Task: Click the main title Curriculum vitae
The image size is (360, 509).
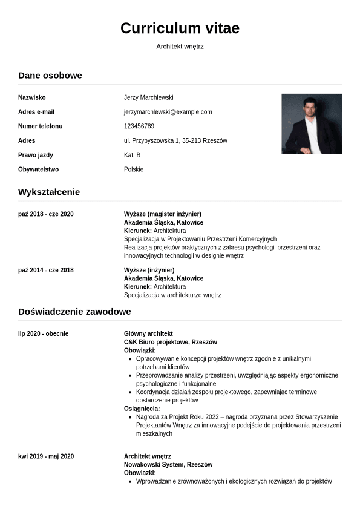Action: coord(180,28)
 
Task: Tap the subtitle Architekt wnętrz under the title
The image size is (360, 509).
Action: coord(180,47)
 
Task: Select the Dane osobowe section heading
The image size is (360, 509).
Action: coord(50,76)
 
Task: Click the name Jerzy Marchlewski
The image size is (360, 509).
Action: coord(149,97)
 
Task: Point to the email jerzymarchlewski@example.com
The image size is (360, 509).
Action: coord(168,112)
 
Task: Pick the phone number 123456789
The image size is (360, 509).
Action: coord(139,126)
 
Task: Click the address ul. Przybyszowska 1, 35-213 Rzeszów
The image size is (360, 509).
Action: coord(175,141)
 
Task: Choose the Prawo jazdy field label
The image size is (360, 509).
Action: coord(36,156)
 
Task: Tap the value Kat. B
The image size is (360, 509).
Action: coord(132,156)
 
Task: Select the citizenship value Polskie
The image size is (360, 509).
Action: coord(134,170)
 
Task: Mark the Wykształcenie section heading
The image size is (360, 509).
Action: coord(49,192)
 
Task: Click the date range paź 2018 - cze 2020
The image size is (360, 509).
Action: coord(46,214)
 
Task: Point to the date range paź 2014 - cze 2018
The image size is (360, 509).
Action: coord(46,270)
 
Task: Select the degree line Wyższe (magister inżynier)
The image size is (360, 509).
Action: coord(162,214)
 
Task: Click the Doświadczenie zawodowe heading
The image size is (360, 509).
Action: coord(74,312)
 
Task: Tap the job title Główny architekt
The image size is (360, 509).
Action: coord(148,334)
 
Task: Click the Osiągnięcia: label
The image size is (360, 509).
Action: coord(140,409)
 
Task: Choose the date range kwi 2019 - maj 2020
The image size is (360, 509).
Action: coord(46,456)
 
